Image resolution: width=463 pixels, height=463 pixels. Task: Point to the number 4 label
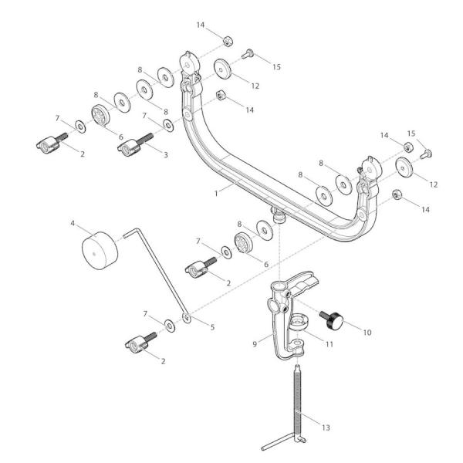pos(73,225)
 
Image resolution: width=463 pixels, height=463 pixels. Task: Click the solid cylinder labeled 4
pos(99,252)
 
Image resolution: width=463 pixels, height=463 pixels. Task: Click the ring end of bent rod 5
pos(187,316)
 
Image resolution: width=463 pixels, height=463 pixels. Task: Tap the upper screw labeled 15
pos(248,53)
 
